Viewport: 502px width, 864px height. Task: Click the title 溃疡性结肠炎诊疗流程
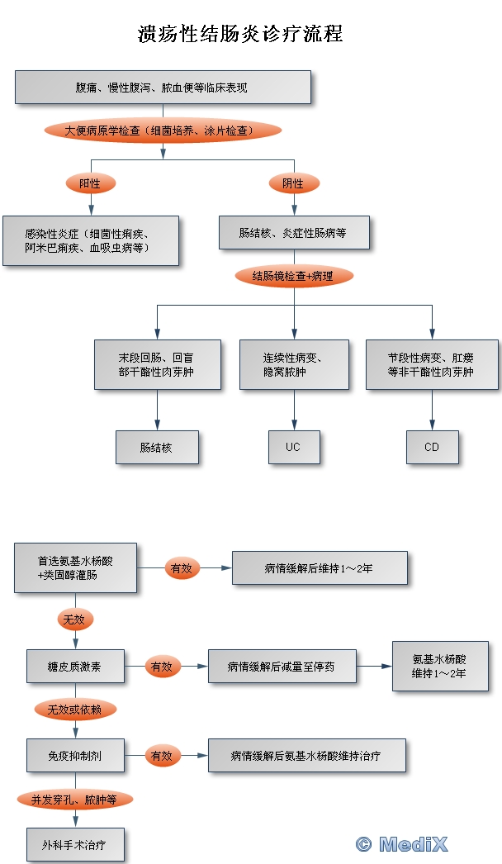tap(240, 34)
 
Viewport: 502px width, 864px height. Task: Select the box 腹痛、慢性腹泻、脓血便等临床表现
tap(163, 87)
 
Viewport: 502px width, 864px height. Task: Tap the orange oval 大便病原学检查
tap(163, 131)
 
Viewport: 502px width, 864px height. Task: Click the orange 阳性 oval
tap(91, 183)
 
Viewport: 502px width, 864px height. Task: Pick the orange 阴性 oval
tap(294, 183)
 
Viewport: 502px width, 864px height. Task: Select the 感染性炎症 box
tap(91, 241)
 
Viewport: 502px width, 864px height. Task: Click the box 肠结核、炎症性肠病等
tap(294, 233)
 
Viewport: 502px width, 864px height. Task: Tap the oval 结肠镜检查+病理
tap(294, 276)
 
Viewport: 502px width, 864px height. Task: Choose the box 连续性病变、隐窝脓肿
tap(294, 365)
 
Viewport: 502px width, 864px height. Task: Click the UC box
tap(294, 447)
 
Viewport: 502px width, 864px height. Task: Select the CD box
tap(432, 447)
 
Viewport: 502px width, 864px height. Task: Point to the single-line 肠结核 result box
tap(157, 447)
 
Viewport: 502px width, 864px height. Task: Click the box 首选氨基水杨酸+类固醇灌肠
tap(75, 567)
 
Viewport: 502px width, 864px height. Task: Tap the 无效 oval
tap(75, 620)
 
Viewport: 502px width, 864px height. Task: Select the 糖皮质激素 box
tap(75, 667)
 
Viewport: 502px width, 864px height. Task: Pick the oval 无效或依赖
tap(75, 710)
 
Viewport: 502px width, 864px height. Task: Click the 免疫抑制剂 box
tap(75, 756)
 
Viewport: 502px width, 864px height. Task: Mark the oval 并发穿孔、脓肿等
tap(75, 800)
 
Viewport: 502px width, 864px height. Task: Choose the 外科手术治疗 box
tap(75, 844)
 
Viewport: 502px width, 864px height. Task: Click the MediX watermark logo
tap(402, 844)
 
